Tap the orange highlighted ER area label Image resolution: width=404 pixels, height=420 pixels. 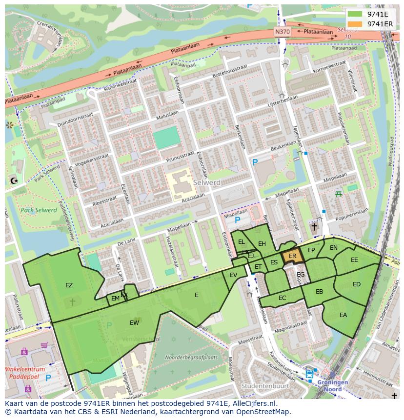tap(293, 256)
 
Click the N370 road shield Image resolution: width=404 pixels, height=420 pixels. tap(282, 32)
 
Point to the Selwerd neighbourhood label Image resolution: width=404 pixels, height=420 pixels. tap(206, 182)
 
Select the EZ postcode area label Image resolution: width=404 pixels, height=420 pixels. tap(69, 285)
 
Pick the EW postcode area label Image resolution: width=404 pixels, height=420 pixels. tap(134, 323)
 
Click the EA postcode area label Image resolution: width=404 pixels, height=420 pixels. tap(343, 315)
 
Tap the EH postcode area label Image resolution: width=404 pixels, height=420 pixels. tap(262, 244)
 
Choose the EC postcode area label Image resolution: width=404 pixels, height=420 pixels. tap(283, 298)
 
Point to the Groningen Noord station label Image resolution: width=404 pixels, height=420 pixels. tap(333, 385)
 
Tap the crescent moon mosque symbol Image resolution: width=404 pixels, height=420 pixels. tap(14, 181)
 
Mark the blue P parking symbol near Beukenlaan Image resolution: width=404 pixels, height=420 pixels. tap(254, 162)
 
